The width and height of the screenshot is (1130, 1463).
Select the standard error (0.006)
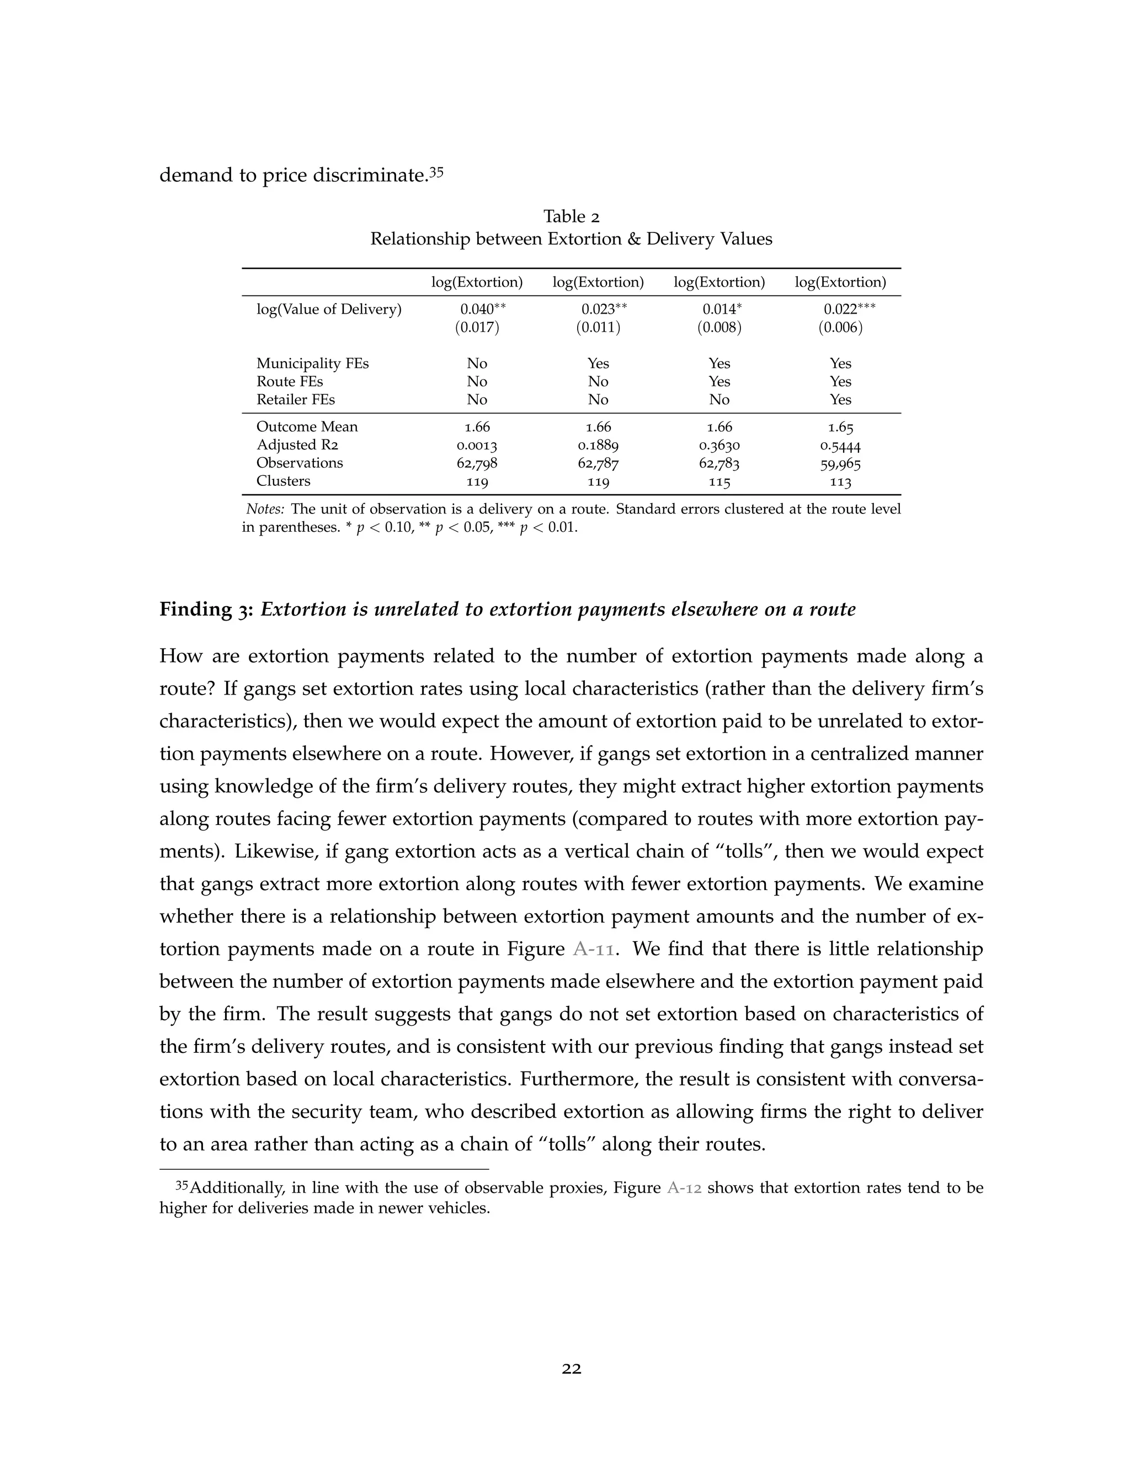tap(840, 327)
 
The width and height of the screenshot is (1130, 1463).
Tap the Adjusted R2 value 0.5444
tap(840, 446)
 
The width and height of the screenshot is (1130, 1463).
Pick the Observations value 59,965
tap(840, 464)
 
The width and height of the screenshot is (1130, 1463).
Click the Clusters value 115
tap(719, 481)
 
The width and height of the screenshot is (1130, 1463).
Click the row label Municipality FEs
tap(312, 364)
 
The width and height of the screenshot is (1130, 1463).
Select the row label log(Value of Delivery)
tap(329, 310)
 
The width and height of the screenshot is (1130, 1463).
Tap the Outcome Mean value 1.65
tap(840, 427)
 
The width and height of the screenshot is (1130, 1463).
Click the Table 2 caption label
tap(571, 216)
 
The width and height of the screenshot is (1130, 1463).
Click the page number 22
tap(571, 1369)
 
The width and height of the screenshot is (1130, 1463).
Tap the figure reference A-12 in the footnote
tap(684, 1207)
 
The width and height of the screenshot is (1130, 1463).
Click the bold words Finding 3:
tap(205, 609)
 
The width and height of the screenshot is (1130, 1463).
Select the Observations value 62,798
tap(477, 464)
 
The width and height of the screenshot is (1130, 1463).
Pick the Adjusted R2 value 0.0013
tap(477, 446)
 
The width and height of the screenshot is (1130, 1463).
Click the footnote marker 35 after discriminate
tap(436, 172)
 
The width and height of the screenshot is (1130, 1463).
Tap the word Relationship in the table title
tap(412, 239)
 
